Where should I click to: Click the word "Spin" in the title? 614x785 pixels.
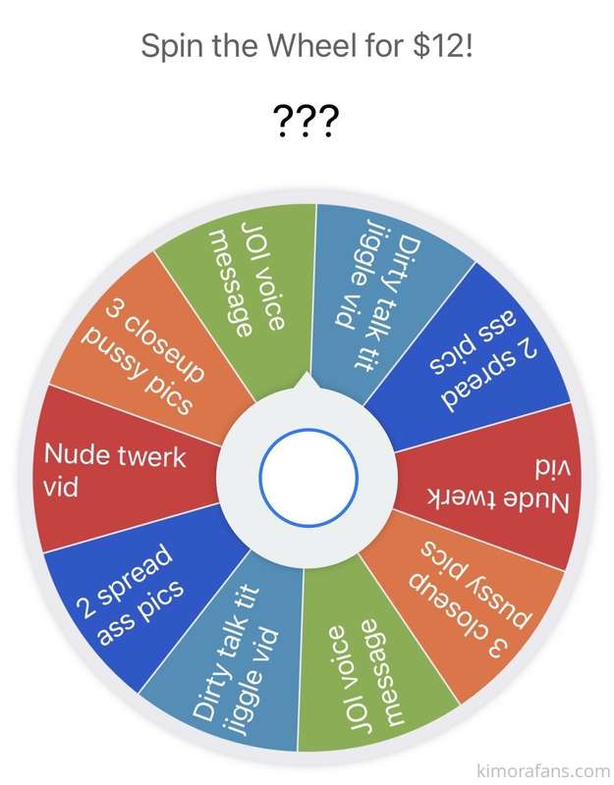(x=173, y=46)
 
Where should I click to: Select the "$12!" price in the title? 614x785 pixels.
(x=443, y=45)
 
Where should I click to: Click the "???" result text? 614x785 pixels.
(x=307, y=121)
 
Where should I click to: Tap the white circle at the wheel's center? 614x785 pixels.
(x=308, y=477)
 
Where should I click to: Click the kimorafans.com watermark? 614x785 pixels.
(x=542, y=769)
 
